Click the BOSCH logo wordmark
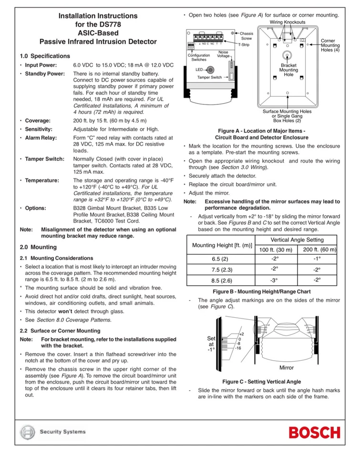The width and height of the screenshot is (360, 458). pyautogui.click(x=315, y=433)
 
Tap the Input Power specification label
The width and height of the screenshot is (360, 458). pyautogui.click(x=41, y=65)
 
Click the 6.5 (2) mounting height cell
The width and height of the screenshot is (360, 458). pyautogui.click(x=220, y=259)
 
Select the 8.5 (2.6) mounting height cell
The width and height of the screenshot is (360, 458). pyautogui.click(x=220, y=280)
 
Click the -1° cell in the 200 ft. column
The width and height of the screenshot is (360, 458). pyautogui.click(x=317, y=259)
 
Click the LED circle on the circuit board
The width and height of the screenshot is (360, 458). pyautogui.click(x=210, y=69)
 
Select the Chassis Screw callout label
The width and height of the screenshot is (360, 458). pyautogui.click(x=247, y=36)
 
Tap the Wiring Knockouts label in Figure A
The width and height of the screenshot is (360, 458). pyautogui.click(x=288, y=22)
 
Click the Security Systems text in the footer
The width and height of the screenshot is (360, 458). pyautogui.click(x=62, y=432)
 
